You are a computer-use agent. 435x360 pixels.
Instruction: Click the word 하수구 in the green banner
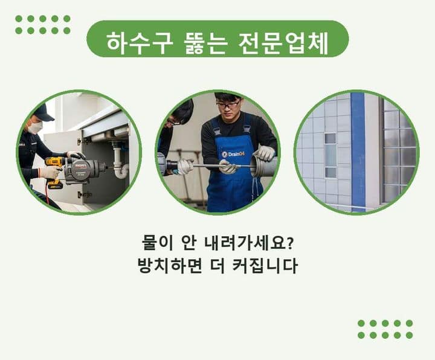click(140, 43)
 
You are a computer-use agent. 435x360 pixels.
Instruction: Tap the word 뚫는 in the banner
click(205, 43)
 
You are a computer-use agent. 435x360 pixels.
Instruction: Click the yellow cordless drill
click(54, 172)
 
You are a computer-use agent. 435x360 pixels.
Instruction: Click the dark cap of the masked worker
click(43, 113)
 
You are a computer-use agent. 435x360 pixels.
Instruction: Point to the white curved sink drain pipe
click(120, 162)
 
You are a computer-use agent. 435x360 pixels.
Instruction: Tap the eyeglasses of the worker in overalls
click(228, 105)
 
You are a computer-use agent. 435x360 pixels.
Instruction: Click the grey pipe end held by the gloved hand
click(263, 167)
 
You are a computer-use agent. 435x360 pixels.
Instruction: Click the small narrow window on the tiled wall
click(330, 155)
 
